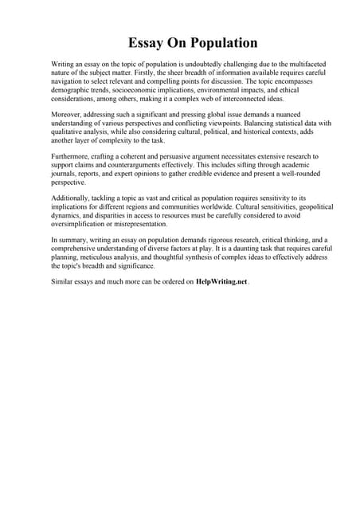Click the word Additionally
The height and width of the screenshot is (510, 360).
72,198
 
